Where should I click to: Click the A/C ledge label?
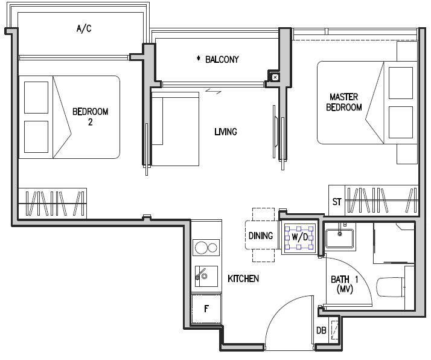coord(84,28)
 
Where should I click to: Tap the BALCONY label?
coord(222,59)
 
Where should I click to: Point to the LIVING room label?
coord(226,132)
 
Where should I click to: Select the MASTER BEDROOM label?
coord(344,102)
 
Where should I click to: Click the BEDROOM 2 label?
coord(90,117)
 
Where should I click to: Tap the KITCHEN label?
coord(243,278)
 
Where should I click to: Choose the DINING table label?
coord(261,236)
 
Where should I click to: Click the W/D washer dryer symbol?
coord(299,237)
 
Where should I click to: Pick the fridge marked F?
coord(206,309)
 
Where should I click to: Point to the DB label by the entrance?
coord(321,330)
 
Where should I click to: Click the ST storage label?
coord(337,202)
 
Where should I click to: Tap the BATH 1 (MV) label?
coord(345,284)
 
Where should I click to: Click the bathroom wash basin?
coord(340,238)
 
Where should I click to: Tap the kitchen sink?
coord(206,276)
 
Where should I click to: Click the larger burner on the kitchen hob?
coord(200,248)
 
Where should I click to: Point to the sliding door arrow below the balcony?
coord(213,91)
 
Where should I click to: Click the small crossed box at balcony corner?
coord(275,77)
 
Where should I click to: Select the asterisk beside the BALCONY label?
coord(198,59)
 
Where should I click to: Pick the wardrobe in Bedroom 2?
coord(53,204)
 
